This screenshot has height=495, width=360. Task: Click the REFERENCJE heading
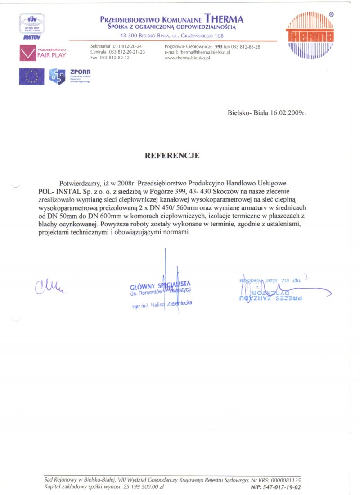coord(171,156)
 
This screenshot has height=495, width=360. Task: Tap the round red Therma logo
coord(310,35)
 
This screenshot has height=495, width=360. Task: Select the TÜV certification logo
coord(31,27)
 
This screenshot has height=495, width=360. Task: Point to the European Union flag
coord(31,76)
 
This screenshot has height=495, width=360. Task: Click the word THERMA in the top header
coord(224,19)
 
